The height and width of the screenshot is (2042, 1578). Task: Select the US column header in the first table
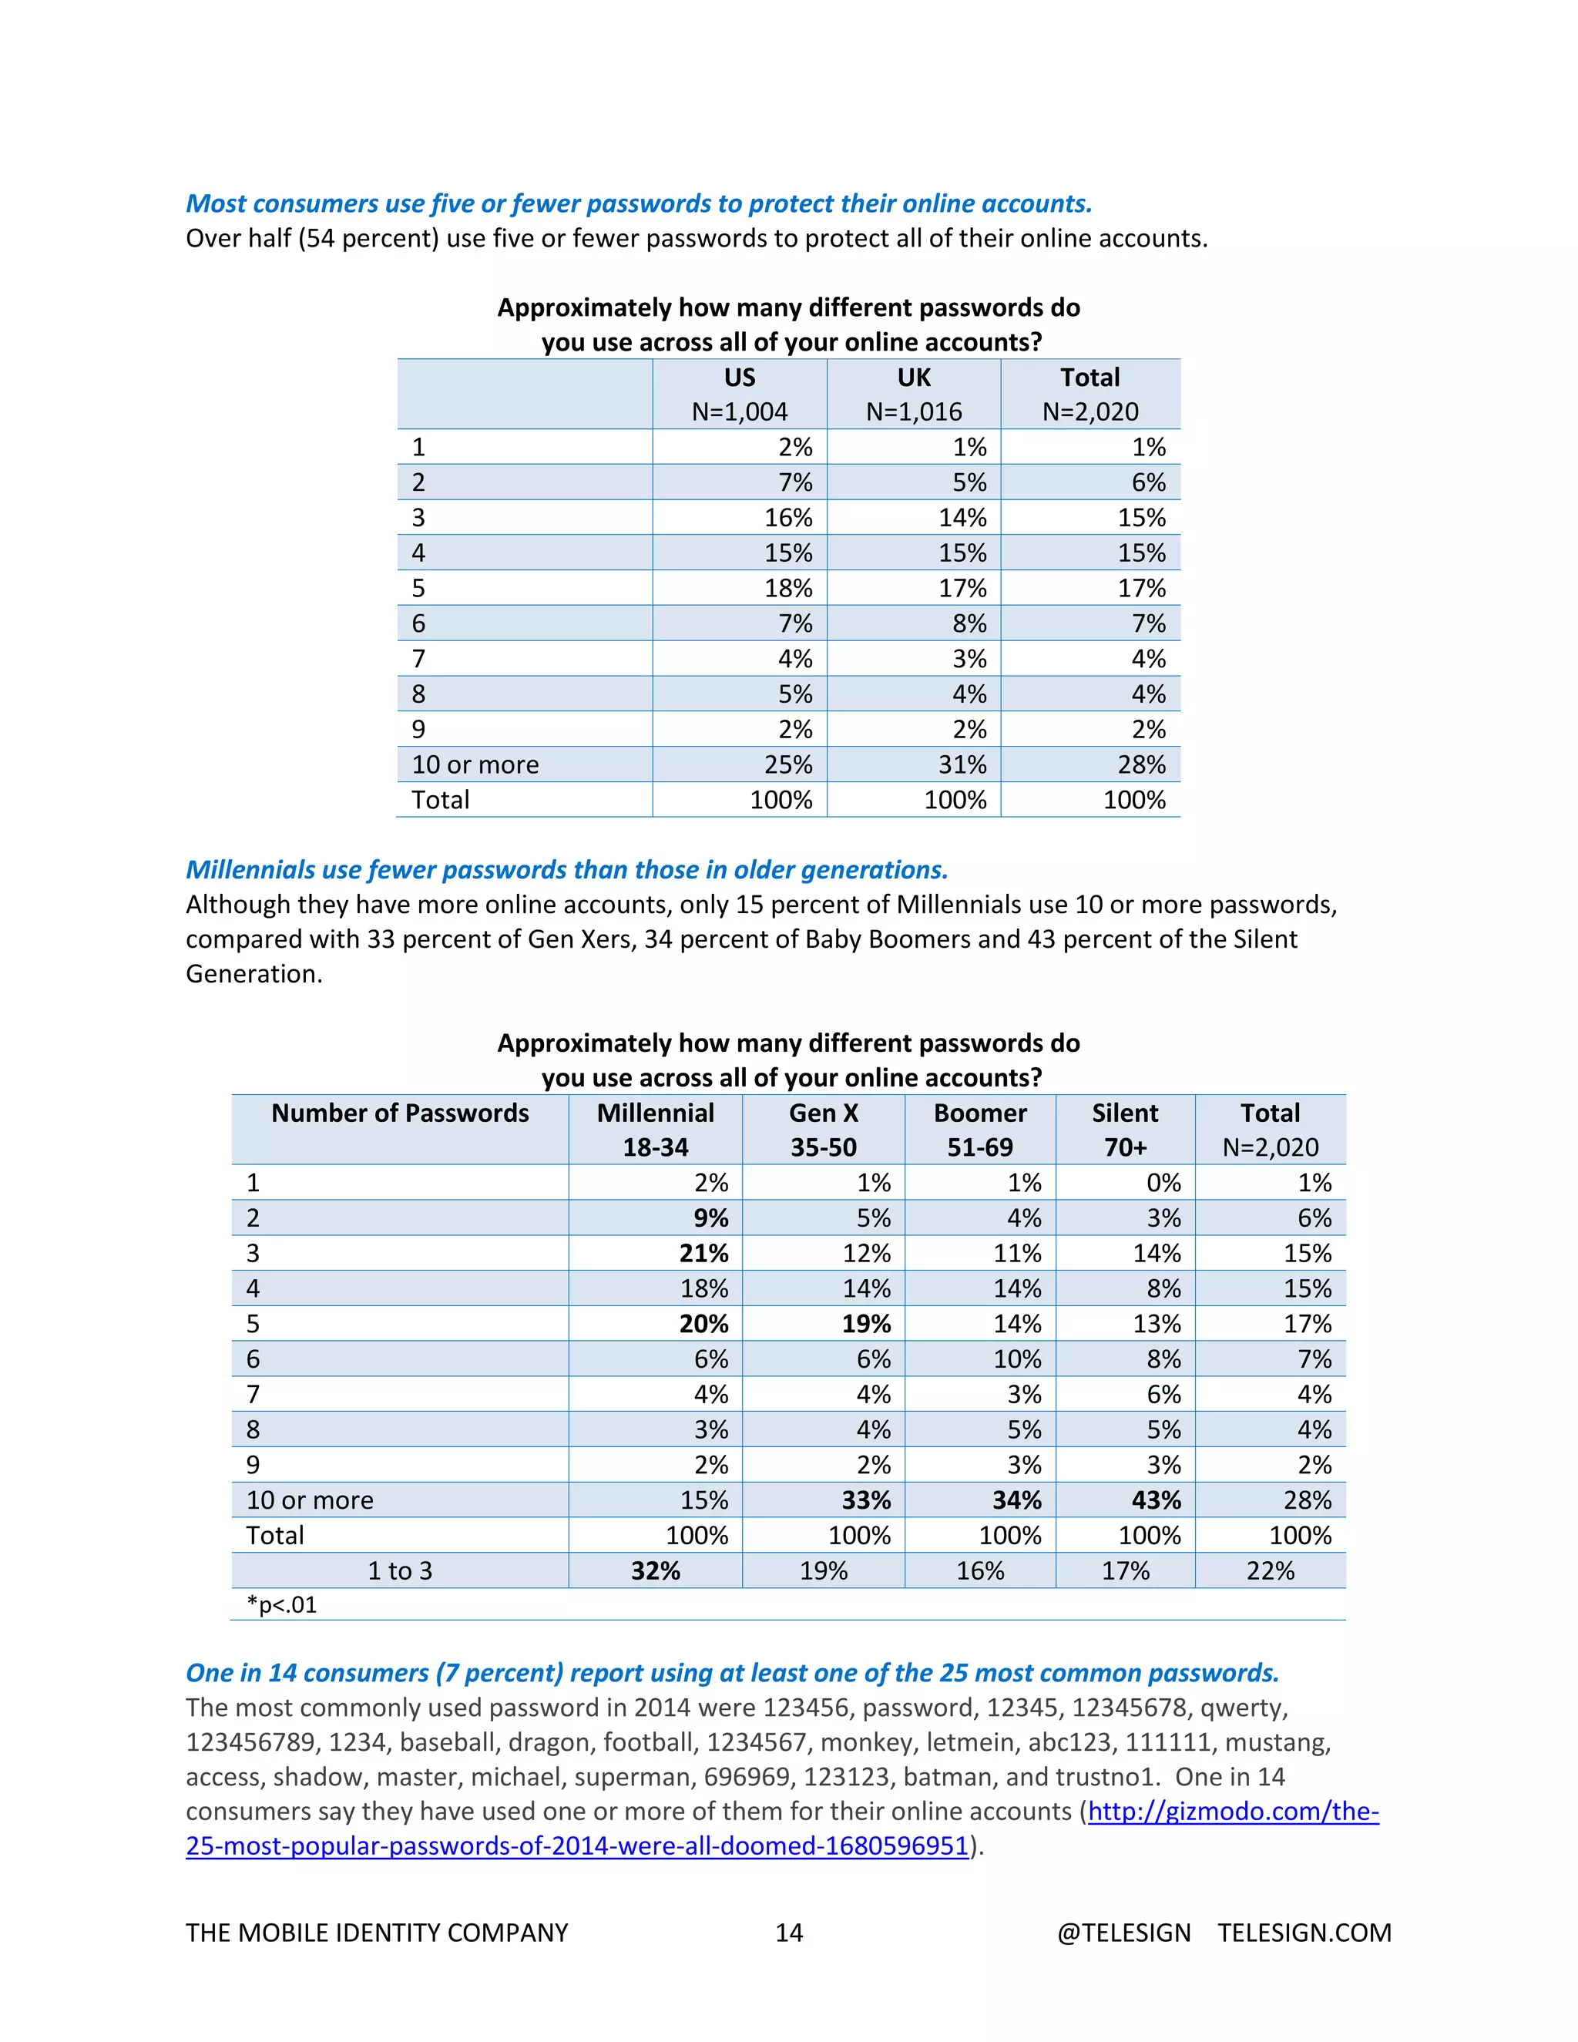[740, 378]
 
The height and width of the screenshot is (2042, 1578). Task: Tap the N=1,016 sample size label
[913, 412]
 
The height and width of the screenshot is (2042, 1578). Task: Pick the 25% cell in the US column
[788, 765]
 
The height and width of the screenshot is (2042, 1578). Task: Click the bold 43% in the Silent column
[1157, 1500]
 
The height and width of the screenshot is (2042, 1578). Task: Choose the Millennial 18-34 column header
[656, 1130]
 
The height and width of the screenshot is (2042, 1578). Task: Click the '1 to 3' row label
[399, 1570]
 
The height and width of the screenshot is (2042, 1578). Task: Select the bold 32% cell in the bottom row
[656, 1570]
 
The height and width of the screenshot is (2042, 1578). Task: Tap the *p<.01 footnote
[281, 1605]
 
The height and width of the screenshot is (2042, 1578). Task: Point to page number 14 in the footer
[789, 1933]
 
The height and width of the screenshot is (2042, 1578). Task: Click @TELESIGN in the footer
[1123, 1933]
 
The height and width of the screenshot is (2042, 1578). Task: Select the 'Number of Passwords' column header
[399, 1113]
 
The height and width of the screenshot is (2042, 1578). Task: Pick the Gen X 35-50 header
[824, 1130]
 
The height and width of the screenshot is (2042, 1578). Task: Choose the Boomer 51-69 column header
[980, 1130]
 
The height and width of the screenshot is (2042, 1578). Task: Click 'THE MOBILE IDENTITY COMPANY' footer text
[377, 1933]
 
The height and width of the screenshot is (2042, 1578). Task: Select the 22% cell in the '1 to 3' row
[1270, 1570]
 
